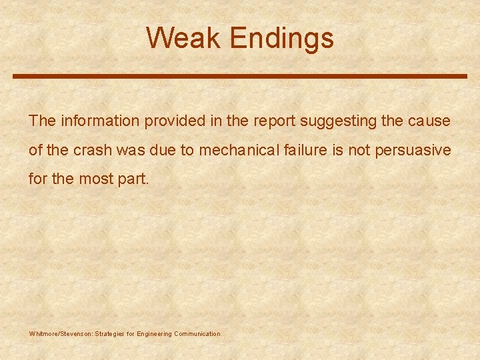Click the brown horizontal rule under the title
tap(240, 77)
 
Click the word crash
tap(93, 151)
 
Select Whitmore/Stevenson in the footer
tap(60, 334)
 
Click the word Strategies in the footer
tap(111, 334)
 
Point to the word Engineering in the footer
tap(154, 334)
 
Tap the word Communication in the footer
tap(197, 334)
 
